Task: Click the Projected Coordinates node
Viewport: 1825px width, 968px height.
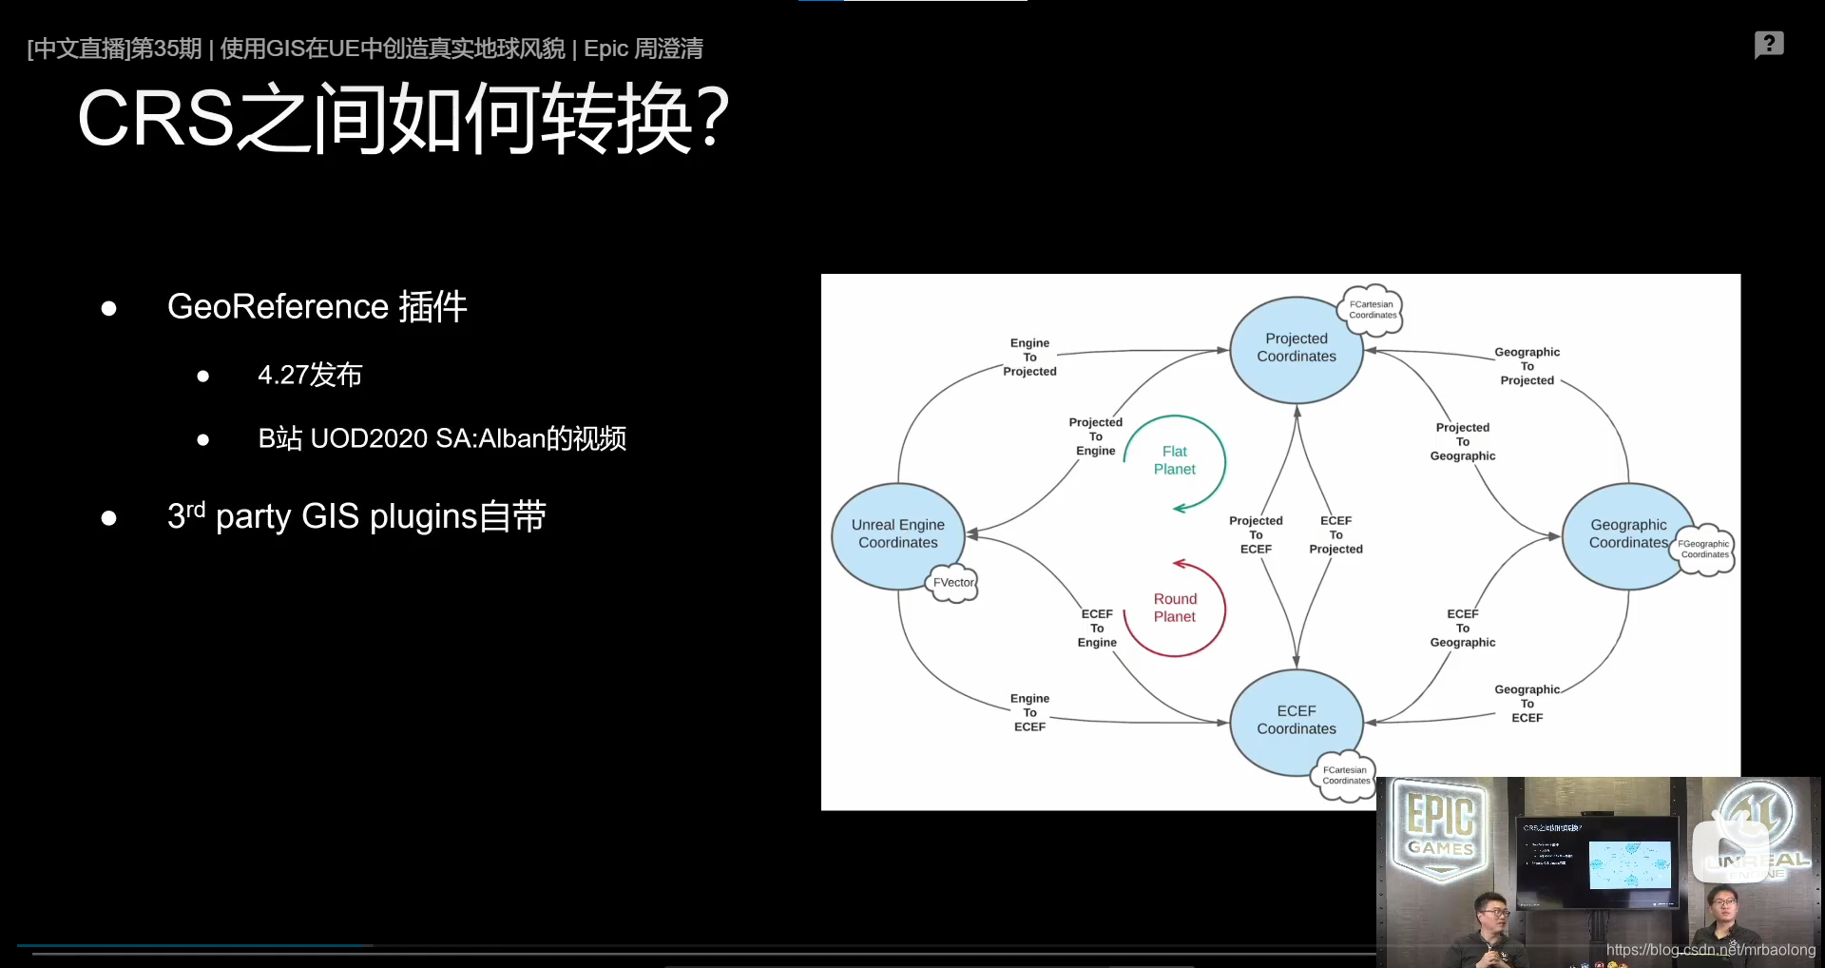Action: [1296, 348]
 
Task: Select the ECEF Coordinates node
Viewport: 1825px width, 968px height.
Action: [1296, 720]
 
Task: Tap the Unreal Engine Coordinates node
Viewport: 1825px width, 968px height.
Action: [897, 533]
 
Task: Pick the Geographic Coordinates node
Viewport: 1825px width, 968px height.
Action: [1627, 533]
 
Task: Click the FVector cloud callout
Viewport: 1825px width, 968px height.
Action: [952, 583]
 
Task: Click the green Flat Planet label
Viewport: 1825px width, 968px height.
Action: [1175, 460]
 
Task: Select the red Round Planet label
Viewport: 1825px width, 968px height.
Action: [1175, 608]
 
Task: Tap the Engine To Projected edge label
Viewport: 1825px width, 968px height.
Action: [1029, 358]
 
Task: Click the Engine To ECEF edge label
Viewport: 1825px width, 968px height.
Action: [1029, 712]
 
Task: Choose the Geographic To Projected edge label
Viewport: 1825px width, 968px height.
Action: [1527, 366]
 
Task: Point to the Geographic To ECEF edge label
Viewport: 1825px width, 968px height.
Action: [1527, 704]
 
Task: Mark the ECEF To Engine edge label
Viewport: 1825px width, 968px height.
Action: [1097, 629]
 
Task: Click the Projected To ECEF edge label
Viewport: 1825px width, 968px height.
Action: [1256, 535]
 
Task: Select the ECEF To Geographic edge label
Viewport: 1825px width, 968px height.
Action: [1463, 629]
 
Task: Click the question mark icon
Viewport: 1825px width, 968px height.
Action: [1769, 44]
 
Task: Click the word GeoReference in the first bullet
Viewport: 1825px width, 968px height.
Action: [278, 307]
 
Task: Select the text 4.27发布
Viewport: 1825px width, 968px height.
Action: [310, 376]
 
